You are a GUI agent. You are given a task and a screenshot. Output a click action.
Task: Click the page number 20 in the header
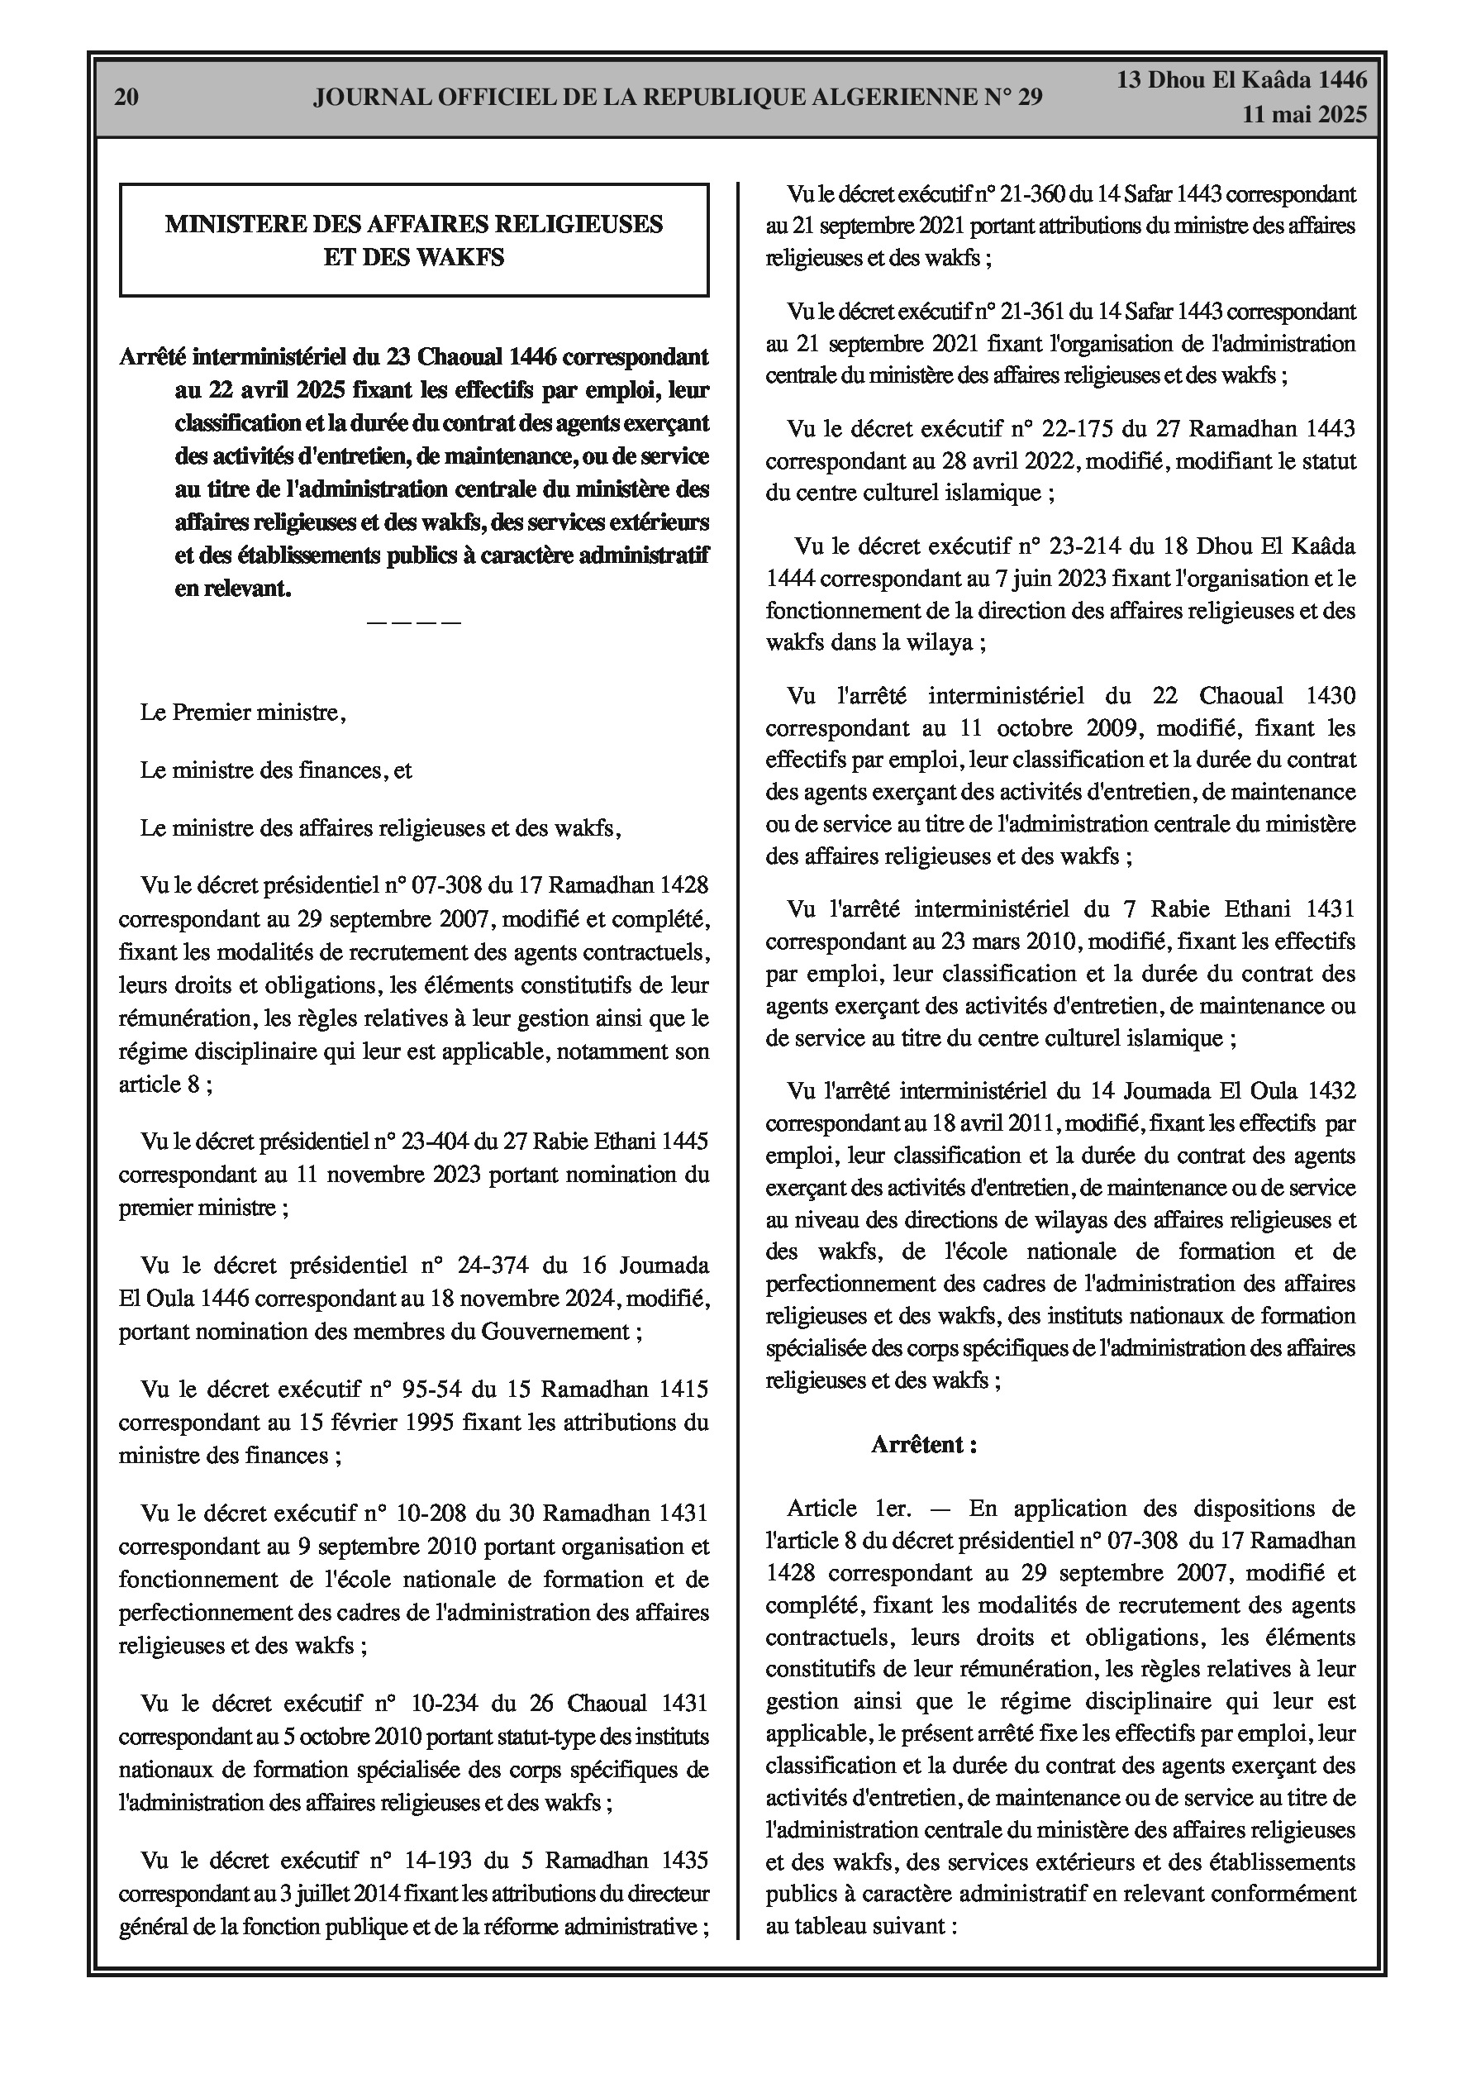[126, 98]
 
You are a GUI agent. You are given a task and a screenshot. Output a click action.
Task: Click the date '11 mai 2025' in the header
[1304, 115]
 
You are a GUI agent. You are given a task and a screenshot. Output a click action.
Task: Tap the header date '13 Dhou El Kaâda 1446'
[1241, 80]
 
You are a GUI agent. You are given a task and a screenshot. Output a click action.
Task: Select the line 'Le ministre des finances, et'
[275, 770]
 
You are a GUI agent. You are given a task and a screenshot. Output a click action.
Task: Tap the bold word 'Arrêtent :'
[924, 1445]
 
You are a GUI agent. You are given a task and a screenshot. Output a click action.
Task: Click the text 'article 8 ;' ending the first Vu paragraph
[165, 1084]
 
